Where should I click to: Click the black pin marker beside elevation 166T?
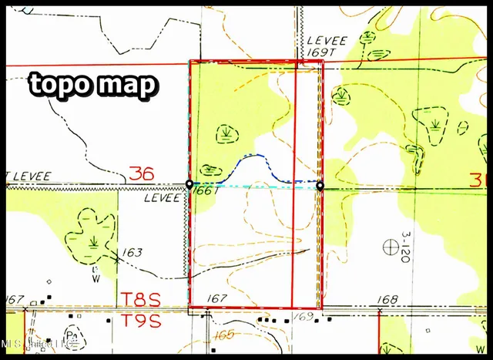point(189,184)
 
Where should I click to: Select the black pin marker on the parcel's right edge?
point(320,186)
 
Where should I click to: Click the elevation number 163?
point(132,252)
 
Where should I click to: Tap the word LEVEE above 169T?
point(324,39)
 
